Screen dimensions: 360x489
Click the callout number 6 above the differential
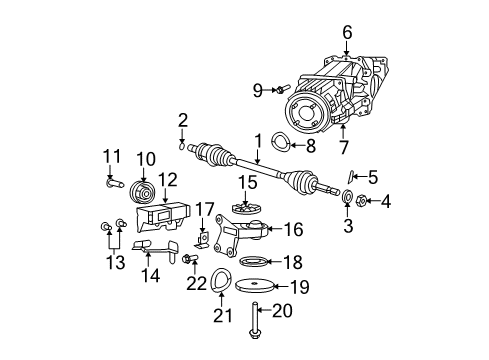tap(347, 33)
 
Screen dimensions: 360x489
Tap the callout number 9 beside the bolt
tap(257, 90)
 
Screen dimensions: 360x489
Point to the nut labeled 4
tap(360, 200)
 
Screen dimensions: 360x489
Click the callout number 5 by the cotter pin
tap(372, 178)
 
